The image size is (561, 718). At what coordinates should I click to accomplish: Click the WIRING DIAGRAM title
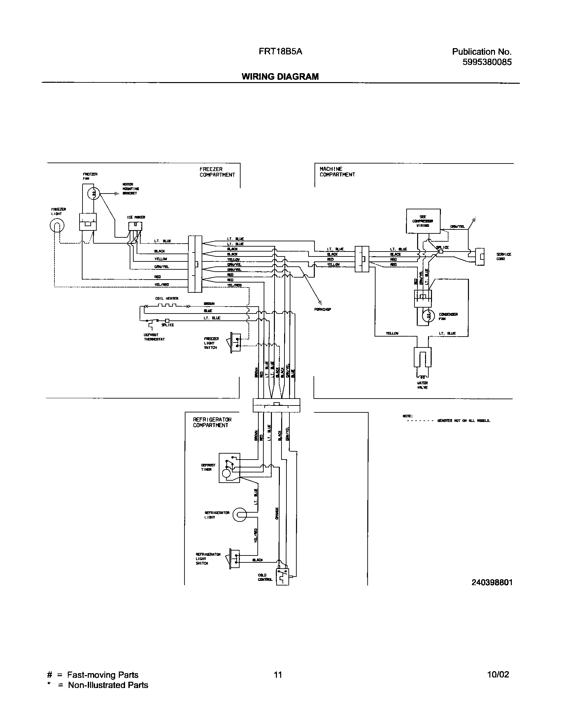tap(280, 76)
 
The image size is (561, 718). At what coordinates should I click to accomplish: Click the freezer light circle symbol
tap(57, 226)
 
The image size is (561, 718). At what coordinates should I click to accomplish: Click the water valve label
tap(422, 385)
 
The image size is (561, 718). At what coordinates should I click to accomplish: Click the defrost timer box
tap(229, 467)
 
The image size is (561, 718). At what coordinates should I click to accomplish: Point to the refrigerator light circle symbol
tap(240, 515)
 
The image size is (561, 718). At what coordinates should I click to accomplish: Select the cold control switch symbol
tap(282, 576)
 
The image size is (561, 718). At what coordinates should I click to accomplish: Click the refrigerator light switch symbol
tap(234, 558)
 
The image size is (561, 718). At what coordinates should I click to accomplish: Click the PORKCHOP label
tap(323, 310)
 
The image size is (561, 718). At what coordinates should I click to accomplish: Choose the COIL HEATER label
tap(167, 298)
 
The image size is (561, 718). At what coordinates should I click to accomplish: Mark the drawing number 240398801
tap(492, 583)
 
